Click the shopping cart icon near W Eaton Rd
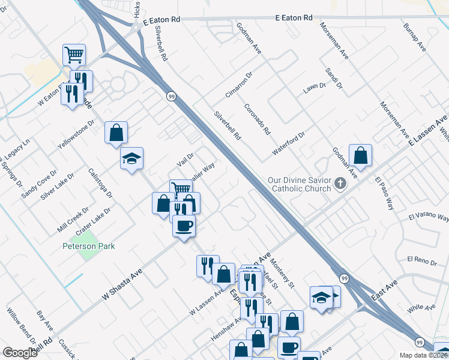pos(74,55)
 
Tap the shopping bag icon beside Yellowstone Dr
pos(116,133)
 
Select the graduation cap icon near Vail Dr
pos(131,159)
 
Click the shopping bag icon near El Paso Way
pos(360,156)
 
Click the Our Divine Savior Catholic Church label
pos(300,184)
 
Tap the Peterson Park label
pos(88,246)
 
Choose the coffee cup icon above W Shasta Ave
pos(184,226)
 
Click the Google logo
pos(20,353)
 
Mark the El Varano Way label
pos(428,217)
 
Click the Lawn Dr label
pos(314,87)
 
